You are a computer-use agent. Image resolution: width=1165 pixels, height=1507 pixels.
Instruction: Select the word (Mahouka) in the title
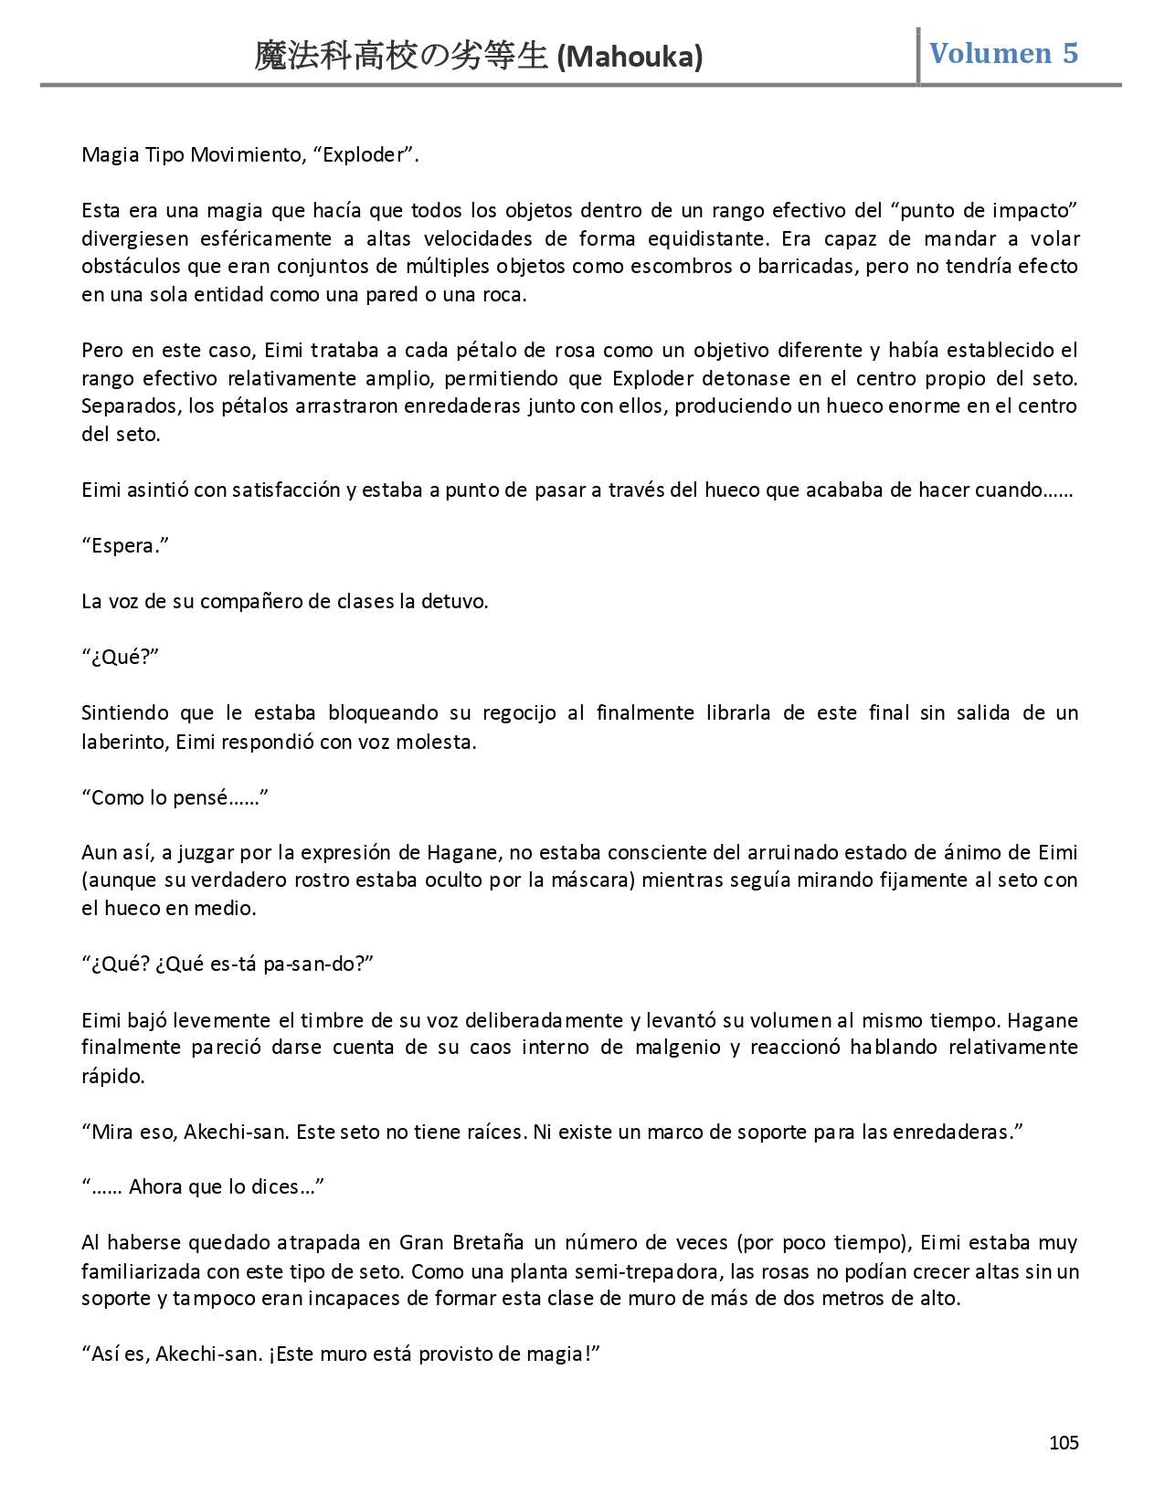630,58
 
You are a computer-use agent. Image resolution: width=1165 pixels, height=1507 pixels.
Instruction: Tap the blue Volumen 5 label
1003,53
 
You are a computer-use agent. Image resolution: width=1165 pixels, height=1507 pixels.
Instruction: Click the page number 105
1064,1443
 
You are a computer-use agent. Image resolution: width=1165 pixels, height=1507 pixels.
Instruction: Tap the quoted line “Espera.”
126,545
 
